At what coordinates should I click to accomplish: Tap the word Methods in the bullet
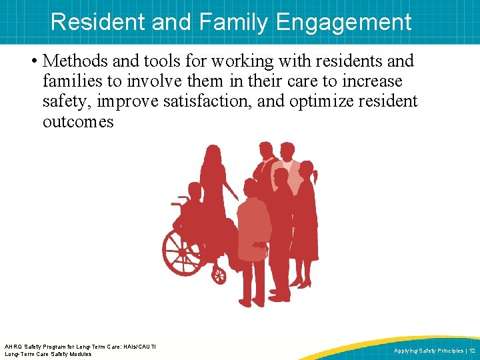point(75,61)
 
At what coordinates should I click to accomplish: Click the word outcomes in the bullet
point(78,122)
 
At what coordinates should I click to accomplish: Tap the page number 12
point(471,351)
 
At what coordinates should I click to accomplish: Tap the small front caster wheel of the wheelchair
point(218,274)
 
